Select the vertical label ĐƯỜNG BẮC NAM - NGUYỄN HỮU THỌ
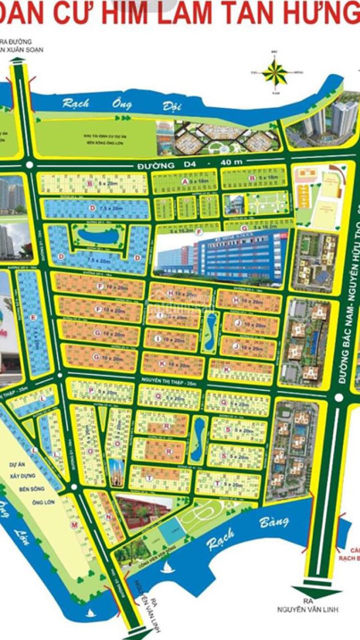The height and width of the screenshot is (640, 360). [x=341, y=295]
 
